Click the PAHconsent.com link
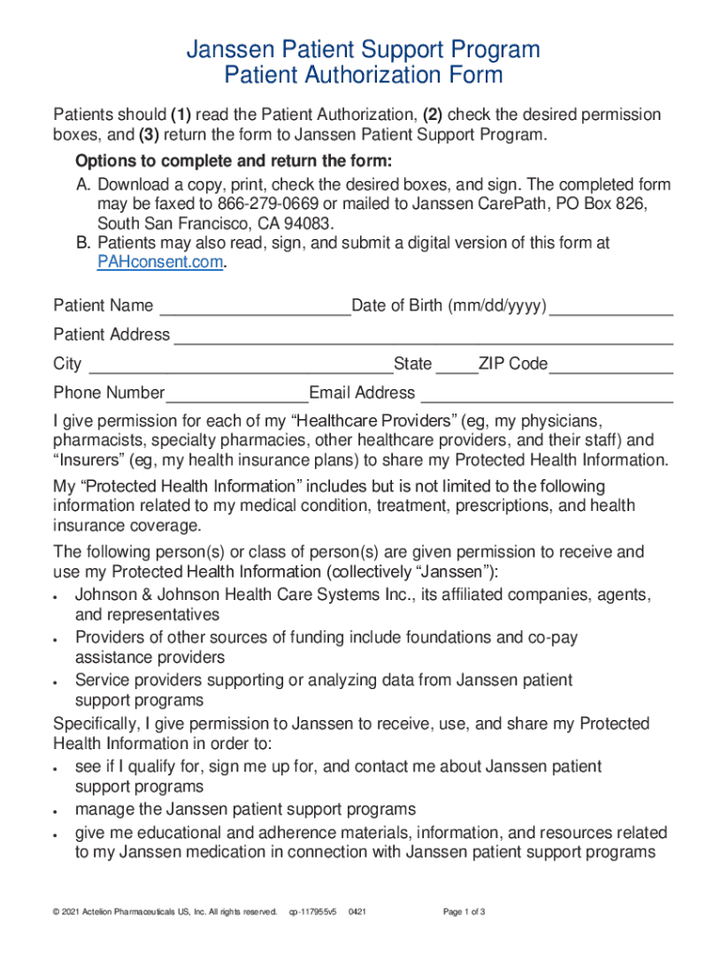[160, 262]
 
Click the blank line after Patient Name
[254, 309]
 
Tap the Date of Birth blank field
[610, 309]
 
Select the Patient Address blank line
[423, 337]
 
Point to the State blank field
[457, 367]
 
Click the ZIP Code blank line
[610, 367]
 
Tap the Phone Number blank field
[237, 397]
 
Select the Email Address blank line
[547, 397]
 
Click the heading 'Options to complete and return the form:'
[233, 159]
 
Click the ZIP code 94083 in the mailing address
[310, 224]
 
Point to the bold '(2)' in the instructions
[432, 115]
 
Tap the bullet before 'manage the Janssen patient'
[58, 811]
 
